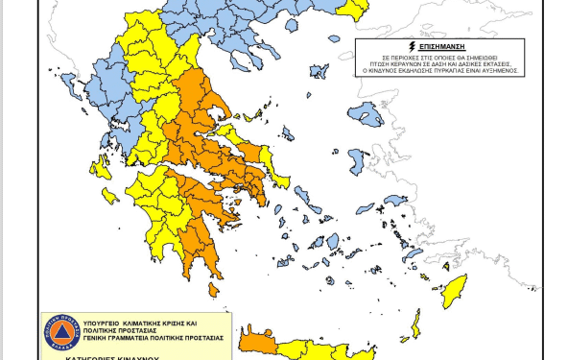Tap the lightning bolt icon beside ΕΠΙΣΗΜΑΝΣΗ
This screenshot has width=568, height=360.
[x=412, y=45]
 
